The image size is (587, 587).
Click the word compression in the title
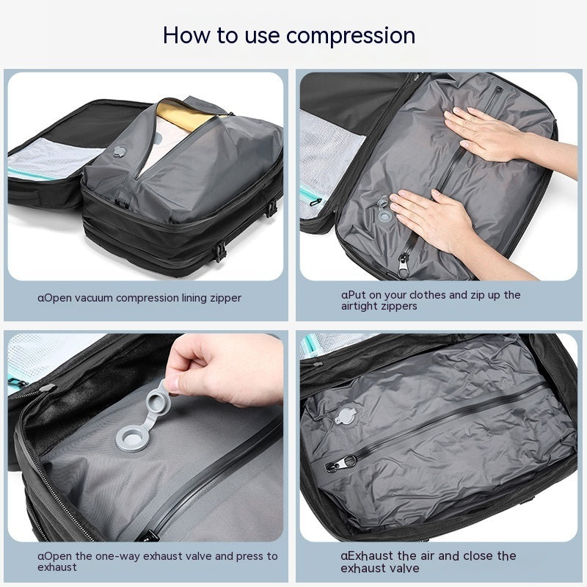(351, 34)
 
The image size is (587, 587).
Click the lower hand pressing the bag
(433, 212)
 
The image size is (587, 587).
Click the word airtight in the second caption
(362, 306)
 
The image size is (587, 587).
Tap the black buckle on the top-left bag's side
(218, 252)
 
